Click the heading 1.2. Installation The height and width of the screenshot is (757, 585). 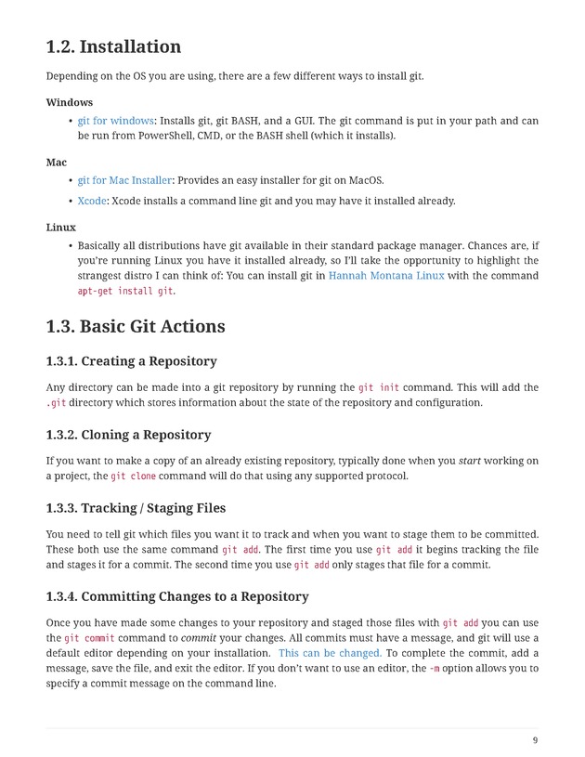pyautogui.click(x=113, y=46)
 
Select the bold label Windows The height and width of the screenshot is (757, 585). pyautogui.click(x=70, y=102)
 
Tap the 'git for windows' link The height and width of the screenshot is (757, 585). pyautogui.click(x=116, y=121)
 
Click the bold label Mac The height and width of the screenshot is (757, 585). pyautogui.click(x=57, y=163)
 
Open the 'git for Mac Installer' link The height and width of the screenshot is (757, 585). pyautogui.click(x=124, y=180)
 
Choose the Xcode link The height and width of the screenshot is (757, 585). pyautogui.click(x=92, y=201)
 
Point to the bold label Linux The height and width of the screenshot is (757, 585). pyautogui.click(x=61, y=227)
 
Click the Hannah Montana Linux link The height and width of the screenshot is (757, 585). pyautogui.click(x=386, y=276)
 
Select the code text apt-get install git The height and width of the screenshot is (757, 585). pyautogui.click(x=125, y=291)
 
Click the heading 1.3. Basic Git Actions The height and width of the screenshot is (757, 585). pyautogui.click(x=136, y=327)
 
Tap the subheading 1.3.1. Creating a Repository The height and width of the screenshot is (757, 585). pyautogui.click(x=131, y=361)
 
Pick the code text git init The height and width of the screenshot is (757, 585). pyautogui.click(x=379, y=387)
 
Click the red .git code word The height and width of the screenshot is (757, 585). pyautogui.click(x=56, y=403)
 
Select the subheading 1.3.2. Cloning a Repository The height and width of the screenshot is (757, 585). pyautogui.click(x=128, y=435)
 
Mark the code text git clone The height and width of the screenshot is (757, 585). pyautogui.click(x=133, y=476)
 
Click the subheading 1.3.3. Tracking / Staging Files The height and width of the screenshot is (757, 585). pyautogui.click(x=136, y=508)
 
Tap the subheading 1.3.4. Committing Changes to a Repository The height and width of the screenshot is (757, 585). pyautogui.click(x=177, y=596)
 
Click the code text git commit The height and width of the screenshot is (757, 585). pyautogui.click(x=89, y=638)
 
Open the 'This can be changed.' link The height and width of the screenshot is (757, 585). pyautogui.click(x=330, y=653)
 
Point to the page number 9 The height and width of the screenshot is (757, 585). pyautogui.click(x=535, y=740)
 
